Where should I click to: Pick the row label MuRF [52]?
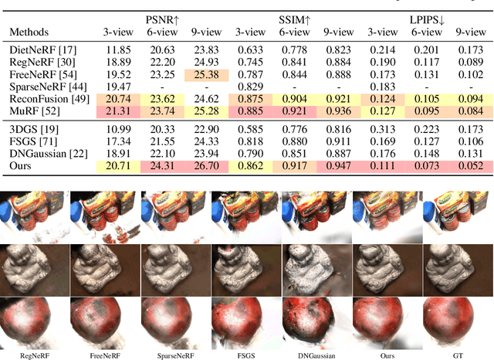32,110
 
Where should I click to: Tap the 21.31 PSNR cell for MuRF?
117,110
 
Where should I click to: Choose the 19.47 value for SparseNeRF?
117,87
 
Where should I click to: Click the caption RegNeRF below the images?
35,355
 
